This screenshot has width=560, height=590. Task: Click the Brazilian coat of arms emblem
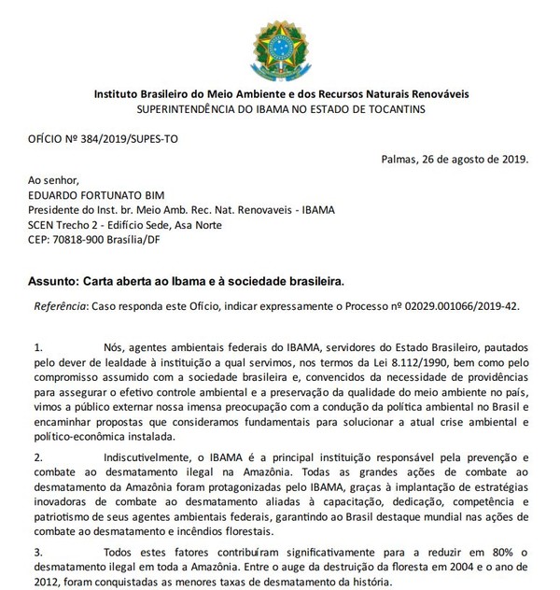pyautogui.click(x=282, y=44)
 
